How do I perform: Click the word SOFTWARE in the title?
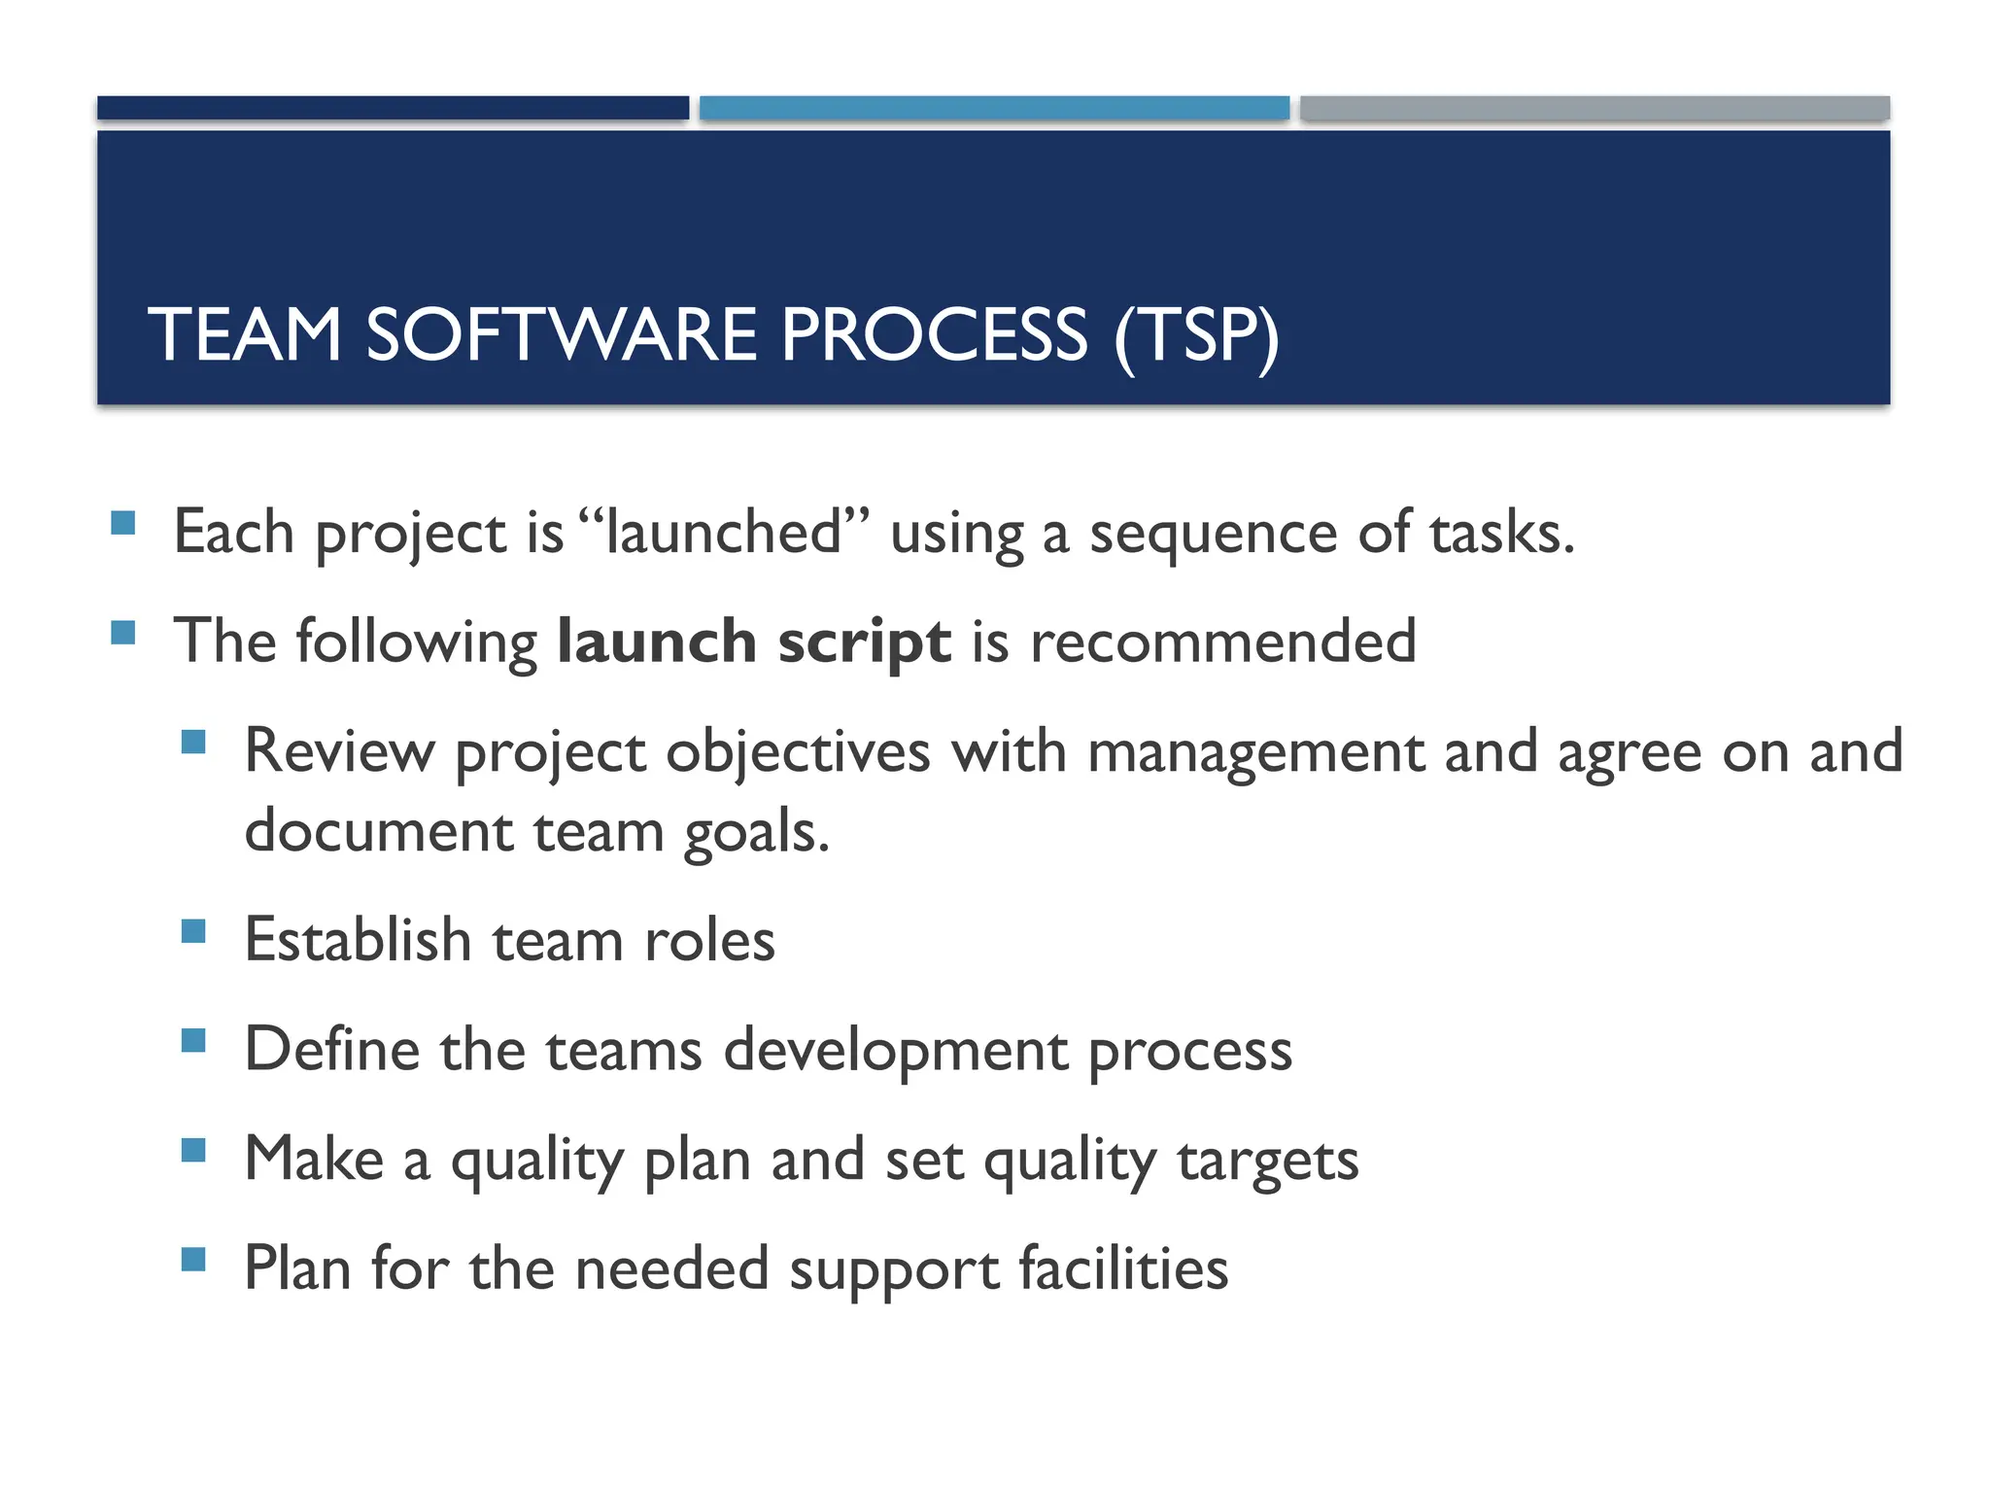[561, 335]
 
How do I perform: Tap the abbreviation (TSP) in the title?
[1196, 335]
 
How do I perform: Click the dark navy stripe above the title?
[393, 108]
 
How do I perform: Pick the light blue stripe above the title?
[994, 108]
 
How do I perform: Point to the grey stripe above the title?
[1595, 108]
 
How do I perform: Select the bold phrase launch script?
[754, 642]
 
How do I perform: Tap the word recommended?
[1222, 642]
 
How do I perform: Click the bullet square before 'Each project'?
[123, 524]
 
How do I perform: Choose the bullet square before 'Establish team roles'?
[193, 932]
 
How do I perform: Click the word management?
[1255, 753]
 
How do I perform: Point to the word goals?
[756, 833]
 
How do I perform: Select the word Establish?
[358, 940]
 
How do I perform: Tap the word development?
[896, 1051]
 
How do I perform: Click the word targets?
[1267, 1161]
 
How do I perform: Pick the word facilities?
[1122, 1269]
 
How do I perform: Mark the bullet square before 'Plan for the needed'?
[193, 1261]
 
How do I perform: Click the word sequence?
[1214, 535]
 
